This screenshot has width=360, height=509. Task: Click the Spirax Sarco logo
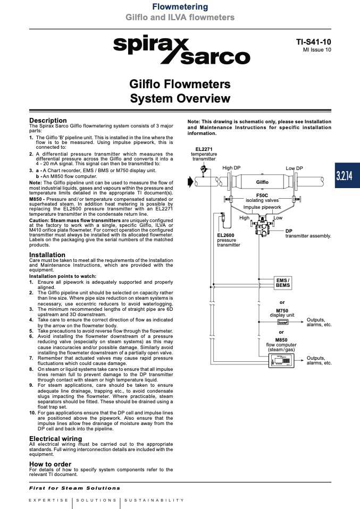coord(181,51)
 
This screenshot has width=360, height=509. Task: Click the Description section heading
coord(48,121)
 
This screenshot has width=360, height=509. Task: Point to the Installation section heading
coord(47,255)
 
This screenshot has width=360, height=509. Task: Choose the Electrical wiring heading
coord(55,439)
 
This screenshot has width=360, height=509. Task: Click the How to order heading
coord(50,464)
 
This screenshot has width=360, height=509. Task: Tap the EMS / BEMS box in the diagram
coord(283,283)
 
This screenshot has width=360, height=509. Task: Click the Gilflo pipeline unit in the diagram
coord(262,182)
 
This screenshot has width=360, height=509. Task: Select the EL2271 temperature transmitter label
coord(204,154)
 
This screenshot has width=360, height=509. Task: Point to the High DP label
coord(231,168)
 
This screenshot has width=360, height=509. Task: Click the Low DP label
coord(294,168)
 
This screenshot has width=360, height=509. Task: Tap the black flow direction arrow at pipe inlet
coord(191,182)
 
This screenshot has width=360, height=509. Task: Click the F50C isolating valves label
coord(262,198)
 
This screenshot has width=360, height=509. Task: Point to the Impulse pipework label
coord(262,207)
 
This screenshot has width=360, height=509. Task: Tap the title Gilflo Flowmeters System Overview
coord(180,91)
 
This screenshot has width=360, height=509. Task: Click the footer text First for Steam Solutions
coord(74,488)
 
